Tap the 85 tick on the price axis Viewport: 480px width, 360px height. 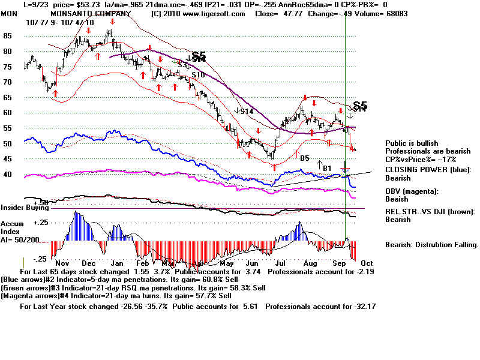pos(8,35)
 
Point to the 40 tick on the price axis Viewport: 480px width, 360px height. pos(8,174)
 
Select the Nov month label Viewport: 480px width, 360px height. pos(63,264)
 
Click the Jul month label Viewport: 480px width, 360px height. pos(280,264)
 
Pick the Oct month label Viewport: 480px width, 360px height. pos(367,264)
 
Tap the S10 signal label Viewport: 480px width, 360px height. pos(198,74)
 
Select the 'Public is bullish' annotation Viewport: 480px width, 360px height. pos(412,143)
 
